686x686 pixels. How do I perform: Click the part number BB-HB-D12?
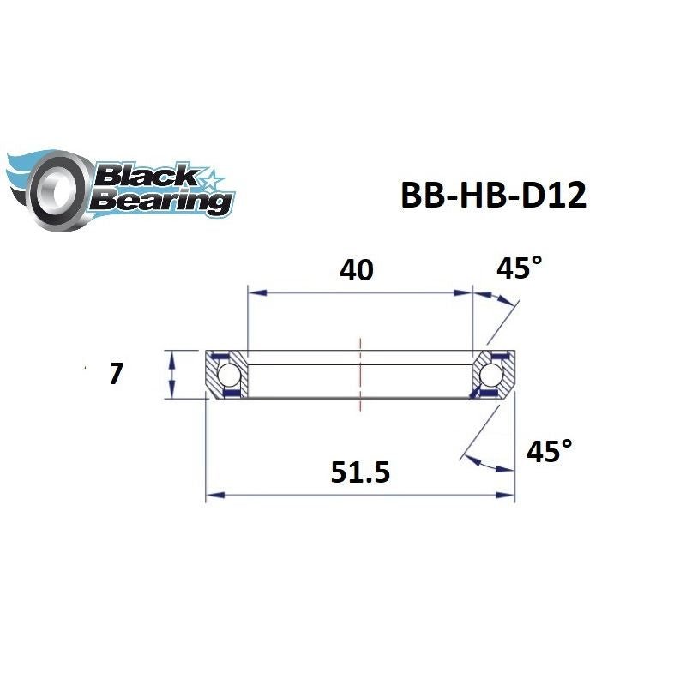(493, 196)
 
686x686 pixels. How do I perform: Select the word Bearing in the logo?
(162, 202)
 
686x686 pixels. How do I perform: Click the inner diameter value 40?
(357, 270)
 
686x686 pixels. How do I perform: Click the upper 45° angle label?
(520, 268)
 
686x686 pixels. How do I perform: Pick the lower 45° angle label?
(548, 451)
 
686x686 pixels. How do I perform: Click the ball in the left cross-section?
(229, 374)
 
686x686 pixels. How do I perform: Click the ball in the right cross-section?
(490, 374)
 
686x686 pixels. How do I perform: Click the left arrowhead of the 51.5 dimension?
(212, 495)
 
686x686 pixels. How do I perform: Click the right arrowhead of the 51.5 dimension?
(508, 495)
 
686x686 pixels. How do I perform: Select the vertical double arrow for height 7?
(172, 374)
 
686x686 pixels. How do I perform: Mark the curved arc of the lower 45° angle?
(489, 464)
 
